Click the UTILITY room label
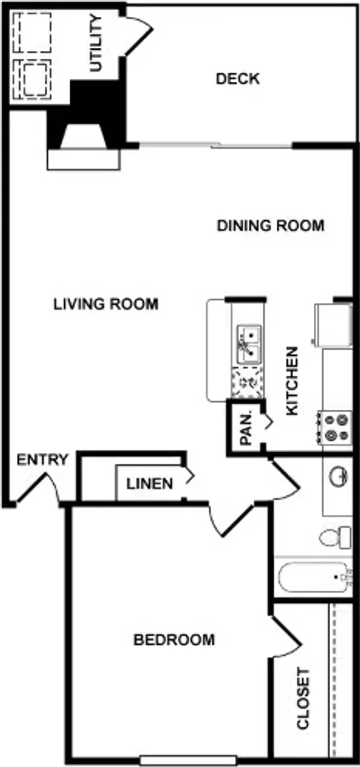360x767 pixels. coord(97,43)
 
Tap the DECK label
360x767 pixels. coord(238,79)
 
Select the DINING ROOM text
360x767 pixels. coord(271,226)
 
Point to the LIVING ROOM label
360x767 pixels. coord(106,304)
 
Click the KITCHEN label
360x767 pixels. coord(292,381)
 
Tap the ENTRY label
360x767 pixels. coord(43,459)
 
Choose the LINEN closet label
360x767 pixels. coord(150,484)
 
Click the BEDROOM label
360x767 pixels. coord(174,639)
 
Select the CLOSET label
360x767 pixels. coord(303,699)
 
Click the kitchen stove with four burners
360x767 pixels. coord(335,427)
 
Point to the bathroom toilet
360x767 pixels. coord(336,538)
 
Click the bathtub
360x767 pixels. coord(314,577)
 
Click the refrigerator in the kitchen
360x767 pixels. coord(334,325)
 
